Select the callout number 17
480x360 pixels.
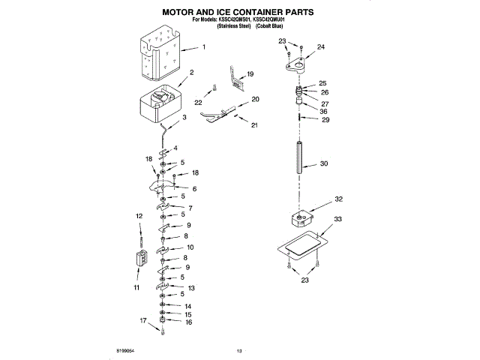tap(143, 320)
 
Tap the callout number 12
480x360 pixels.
tap(139, 217)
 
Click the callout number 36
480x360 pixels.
tap(324, 112)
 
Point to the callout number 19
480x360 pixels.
tap(250, 74)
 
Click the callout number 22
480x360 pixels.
tap(199, 103)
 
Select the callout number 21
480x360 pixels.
tap(255, 124)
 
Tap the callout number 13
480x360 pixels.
tap(192, 288)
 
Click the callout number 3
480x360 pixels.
tap(184, 128)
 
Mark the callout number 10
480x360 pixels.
tap(190, 247)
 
